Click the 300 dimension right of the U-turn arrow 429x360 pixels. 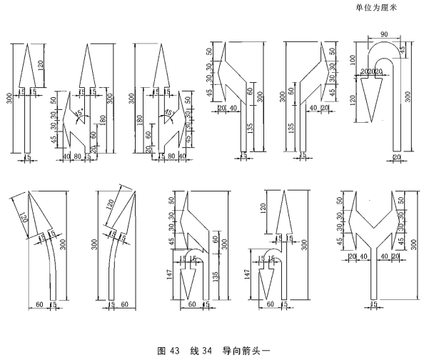[408, 96]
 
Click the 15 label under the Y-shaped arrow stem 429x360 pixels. [374, 305]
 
